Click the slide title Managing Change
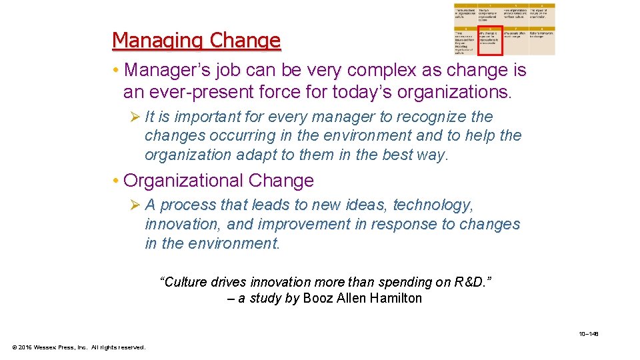[196, 41]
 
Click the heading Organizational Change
[218, 181]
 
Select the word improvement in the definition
[303, 224]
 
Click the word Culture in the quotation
[183, 281]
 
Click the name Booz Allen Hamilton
[362, 298]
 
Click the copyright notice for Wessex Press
[79, 347]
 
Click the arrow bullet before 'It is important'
[135, 117]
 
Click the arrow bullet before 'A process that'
[135, 205]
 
